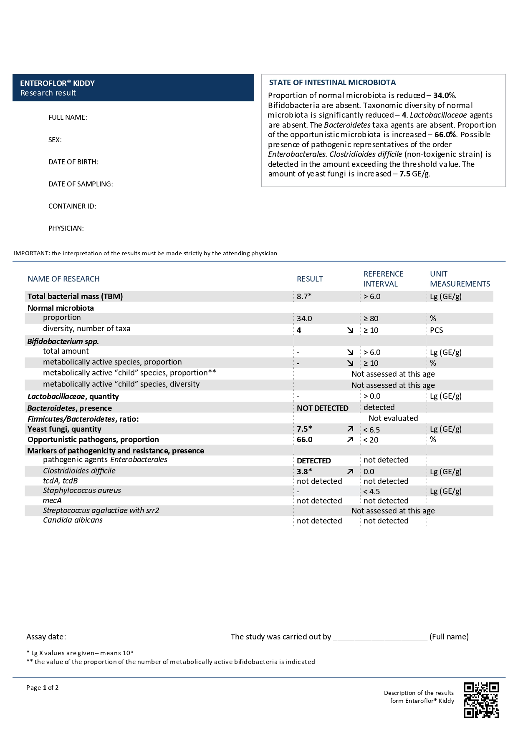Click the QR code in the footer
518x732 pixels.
tap(481, 700)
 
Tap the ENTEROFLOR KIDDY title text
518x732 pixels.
tap(57, 83)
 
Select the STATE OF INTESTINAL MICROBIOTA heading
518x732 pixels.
tap(332, 83)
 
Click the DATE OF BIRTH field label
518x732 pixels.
tap(73, 162)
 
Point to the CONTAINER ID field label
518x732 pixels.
tap(72, 206)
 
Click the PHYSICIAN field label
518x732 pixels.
tap(66, 228)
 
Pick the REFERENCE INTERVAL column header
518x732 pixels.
tap(383, 279)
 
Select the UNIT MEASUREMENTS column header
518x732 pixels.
tap(460, 279)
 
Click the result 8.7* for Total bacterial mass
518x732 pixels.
tap(304, 297)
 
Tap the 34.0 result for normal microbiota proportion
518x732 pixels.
tap(304, 319)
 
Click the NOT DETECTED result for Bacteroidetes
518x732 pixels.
tap(322, 408)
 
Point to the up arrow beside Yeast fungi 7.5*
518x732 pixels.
tap(350, 429)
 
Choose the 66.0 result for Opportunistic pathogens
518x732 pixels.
tap(304, 440)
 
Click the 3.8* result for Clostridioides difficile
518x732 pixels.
tap(304, 472)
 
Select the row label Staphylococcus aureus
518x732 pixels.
tap(82, 491)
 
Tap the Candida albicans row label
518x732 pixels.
tap(73, 520)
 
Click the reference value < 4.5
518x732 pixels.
tap(371, 491)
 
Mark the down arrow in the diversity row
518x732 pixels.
tap(350, 330)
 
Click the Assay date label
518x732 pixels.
tap(46, 637)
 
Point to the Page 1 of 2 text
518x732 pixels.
tap(42, 688)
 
